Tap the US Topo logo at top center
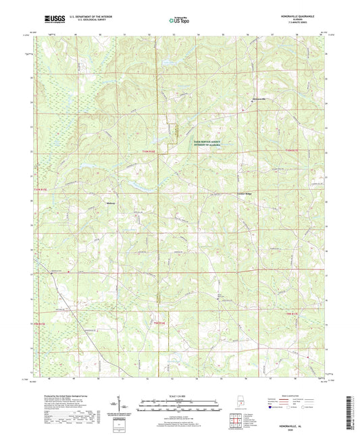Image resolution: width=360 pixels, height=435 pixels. (179, 21)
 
